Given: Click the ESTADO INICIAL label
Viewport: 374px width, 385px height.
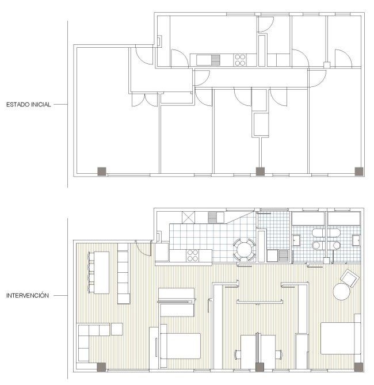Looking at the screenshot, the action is point(29,104).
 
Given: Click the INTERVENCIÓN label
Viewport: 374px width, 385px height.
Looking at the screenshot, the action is point(28,295).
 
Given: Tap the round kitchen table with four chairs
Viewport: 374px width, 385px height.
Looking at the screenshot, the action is point(245,249).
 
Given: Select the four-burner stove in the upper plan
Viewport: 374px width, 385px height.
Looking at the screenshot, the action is point(240,60).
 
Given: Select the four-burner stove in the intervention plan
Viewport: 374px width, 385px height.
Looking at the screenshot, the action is point(193,256).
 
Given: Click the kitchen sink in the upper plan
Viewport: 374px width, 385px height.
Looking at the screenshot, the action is point(208,60).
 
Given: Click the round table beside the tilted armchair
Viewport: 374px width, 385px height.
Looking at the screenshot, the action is point(342,291).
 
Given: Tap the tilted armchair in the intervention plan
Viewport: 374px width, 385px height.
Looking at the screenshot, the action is point(350,278).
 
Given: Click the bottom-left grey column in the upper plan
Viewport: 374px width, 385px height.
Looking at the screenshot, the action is point(102,171).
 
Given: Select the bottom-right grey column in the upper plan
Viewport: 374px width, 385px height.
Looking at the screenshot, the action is point(359,171).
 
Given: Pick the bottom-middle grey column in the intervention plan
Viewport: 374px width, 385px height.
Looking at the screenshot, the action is point(260,367).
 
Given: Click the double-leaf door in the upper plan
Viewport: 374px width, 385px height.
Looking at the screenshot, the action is point(144,100).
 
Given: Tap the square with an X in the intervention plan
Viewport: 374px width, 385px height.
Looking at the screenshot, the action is point(188,218).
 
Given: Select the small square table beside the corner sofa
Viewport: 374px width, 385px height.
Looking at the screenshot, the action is point(117,329).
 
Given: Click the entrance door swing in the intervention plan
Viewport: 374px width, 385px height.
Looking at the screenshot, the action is point(143,249).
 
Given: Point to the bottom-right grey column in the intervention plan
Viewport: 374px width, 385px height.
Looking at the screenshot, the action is point(358,367).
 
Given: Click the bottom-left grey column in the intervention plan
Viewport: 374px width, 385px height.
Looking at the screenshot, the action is point(101,367).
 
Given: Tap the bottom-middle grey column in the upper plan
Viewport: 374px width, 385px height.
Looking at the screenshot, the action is point(260,171).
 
